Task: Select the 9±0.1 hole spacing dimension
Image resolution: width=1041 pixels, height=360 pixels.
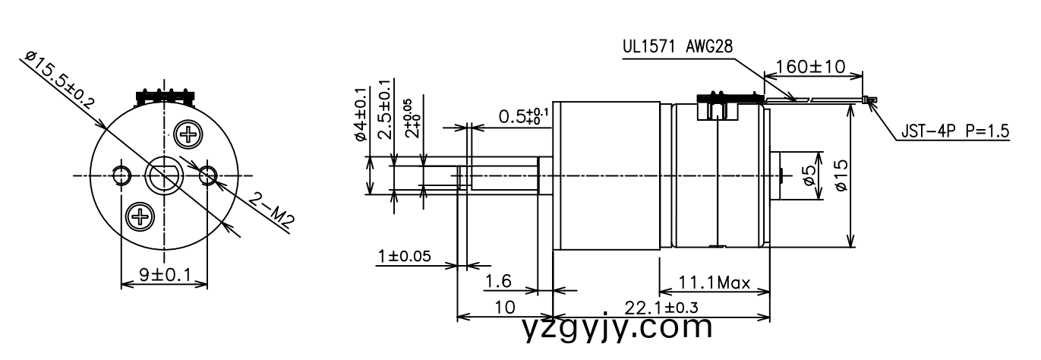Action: [163, 275]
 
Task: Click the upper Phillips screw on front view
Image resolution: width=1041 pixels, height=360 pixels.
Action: [187, 135]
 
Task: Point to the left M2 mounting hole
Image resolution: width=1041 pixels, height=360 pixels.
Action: [121, 176]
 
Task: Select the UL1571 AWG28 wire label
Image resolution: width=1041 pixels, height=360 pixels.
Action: [677, 46]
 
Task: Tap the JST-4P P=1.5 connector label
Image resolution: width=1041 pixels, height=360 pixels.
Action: [955, 131]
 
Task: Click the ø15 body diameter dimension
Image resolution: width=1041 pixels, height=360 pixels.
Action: [838, 176]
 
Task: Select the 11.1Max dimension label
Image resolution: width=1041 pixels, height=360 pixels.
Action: [714, 284]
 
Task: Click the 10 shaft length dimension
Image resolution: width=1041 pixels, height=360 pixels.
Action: [504, 307]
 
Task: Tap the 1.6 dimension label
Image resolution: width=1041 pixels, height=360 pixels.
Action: [498, 282]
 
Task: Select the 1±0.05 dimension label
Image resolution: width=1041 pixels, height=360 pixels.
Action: [404, 256]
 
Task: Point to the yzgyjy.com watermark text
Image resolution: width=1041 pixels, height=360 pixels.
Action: [618, 328]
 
